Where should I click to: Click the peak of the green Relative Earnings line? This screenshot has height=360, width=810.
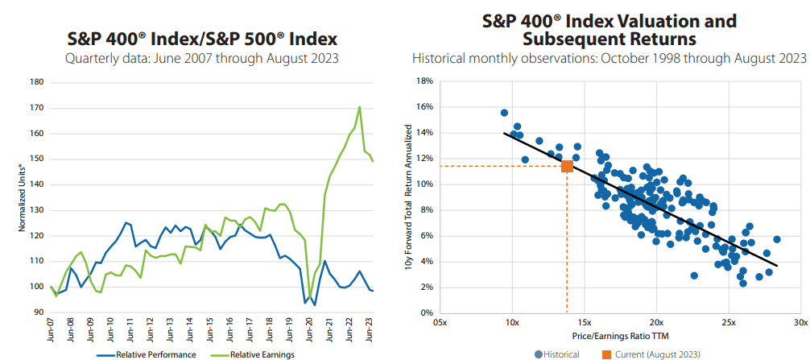(x=359, y=107)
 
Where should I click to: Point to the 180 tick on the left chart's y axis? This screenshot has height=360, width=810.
(x=36, y=81)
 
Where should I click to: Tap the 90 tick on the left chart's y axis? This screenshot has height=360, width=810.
(x=38, y=312)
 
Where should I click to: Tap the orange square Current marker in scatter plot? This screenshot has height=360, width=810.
(x=567, y=166)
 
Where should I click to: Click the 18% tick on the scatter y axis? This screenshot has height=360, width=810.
(x=424, y=81)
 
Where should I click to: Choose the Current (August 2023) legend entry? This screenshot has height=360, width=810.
(x=653, y=354)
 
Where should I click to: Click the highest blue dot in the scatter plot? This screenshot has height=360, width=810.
(x=504, y=113)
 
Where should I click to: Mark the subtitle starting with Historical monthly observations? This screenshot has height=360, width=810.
(x=609, y=58)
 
